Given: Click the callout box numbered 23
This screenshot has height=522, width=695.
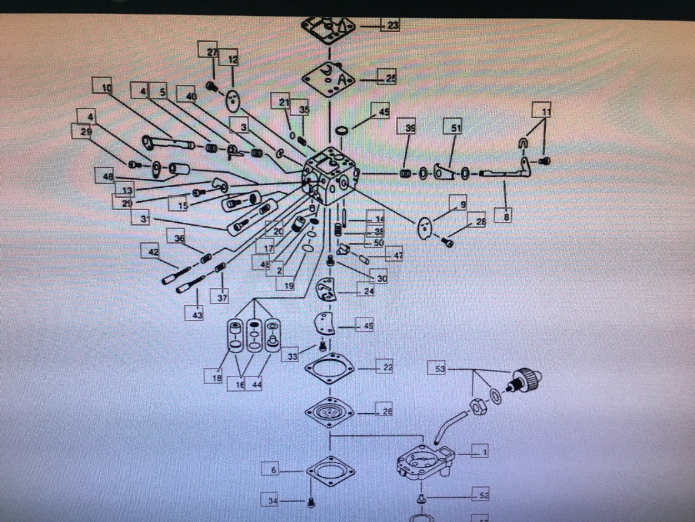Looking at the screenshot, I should click(390, 26).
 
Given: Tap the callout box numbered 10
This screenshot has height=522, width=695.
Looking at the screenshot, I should click(102, 86).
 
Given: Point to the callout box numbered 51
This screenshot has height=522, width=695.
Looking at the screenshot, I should click(452, 128).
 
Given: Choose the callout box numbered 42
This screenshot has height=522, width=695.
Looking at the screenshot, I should click(150, 251).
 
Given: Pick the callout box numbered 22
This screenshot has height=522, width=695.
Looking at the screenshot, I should click(385, 367).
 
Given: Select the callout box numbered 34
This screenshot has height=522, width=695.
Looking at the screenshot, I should click(270, 501).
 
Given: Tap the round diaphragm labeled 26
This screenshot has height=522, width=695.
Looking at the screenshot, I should click(329, 412).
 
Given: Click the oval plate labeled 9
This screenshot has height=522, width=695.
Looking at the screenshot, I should click(425, 228).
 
